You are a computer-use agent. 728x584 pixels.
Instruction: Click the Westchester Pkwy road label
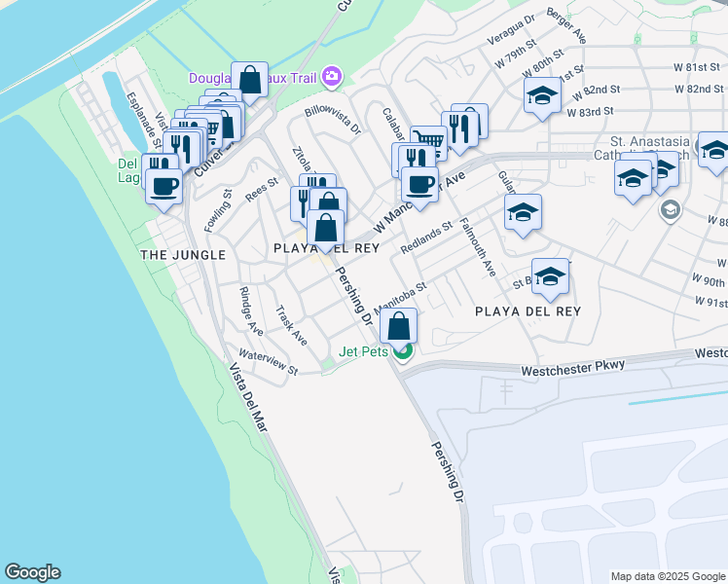coord(572,370)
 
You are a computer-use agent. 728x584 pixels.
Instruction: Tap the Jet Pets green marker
coord(403,351)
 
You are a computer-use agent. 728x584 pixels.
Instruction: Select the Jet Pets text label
coord(364,351)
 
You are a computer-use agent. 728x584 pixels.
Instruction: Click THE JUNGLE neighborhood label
coord(183,255)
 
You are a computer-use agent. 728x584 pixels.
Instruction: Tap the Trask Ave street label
coord(291,326)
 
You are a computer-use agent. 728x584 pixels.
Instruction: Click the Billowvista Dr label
coord(332,120)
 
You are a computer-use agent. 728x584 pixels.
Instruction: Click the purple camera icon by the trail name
coord(332,75)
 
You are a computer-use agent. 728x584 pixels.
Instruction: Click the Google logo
coord(32,572)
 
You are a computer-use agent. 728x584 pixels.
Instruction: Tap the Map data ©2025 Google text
coord(667,576)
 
